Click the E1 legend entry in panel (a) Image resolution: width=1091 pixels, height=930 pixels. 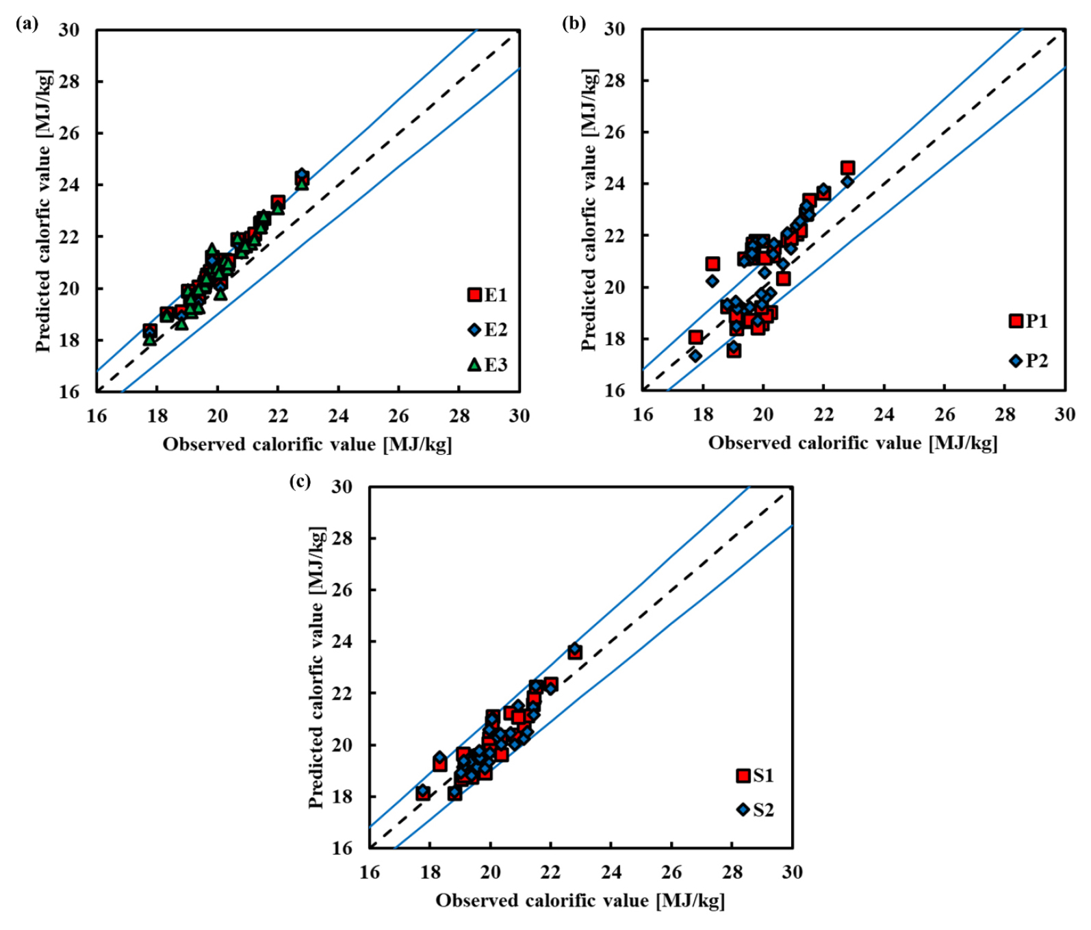click(487, 295)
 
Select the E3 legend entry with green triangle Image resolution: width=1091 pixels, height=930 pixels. click(487, 364)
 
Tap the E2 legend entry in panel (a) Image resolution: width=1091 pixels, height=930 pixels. click(487, 330)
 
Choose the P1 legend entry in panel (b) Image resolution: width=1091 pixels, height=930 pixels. click(1029, 321)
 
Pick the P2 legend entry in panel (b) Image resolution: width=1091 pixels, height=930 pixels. click(1029, 361)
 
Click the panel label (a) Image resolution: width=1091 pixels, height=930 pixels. click(27, 25)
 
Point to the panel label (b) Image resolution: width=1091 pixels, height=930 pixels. click(574, 24)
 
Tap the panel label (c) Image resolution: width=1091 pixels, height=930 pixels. click(300, 481)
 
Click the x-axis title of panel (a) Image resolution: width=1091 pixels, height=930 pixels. click(307, 445)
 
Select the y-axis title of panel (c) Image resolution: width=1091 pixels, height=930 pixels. click(316, 667)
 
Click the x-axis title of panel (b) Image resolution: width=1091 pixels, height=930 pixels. click(853, 444)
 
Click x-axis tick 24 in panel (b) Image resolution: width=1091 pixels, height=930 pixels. click(884, 414)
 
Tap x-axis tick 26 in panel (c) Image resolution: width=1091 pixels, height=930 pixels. click(671, 872)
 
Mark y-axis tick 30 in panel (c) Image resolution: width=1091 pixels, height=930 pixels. click(342, 487)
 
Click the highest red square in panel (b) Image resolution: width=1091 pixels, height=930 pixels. click(847, 168)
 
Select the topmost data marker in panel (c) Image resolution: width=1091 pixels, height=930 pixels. click(575, 649)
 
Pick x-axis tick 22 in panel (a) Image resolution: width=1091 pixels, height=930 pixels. click(278, 416)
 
